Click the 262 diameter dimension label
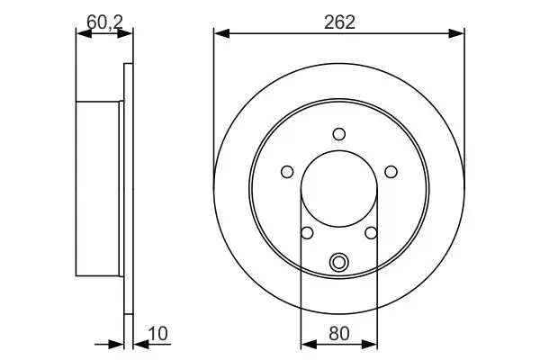point(339,22)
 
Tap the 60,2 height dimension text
point(104,22)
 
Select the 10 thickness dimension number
point(157,334)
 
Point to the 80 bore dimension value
point(339,334)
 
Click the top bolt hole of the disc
point(339,134)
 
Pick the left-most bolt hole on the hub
point(287,172)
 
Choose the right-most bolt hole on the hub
point(391,172)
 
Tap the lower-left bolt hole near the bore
point(307,233)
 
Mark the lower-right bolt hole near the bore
point(371,233)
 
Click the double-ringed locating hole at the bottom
point(339,263)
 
